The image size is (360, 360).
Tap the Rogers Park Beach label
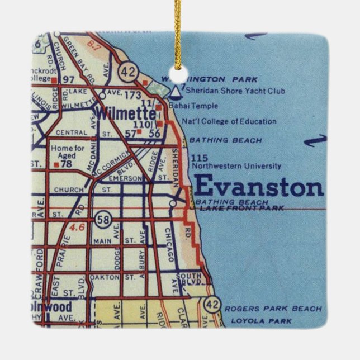[273, 308]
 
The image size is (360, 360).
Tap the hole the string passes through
[178, 73]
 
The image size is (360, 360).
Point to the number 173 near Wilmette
[132, 96]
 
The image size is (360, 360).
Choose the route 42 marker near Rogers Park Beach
[212, 305]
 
